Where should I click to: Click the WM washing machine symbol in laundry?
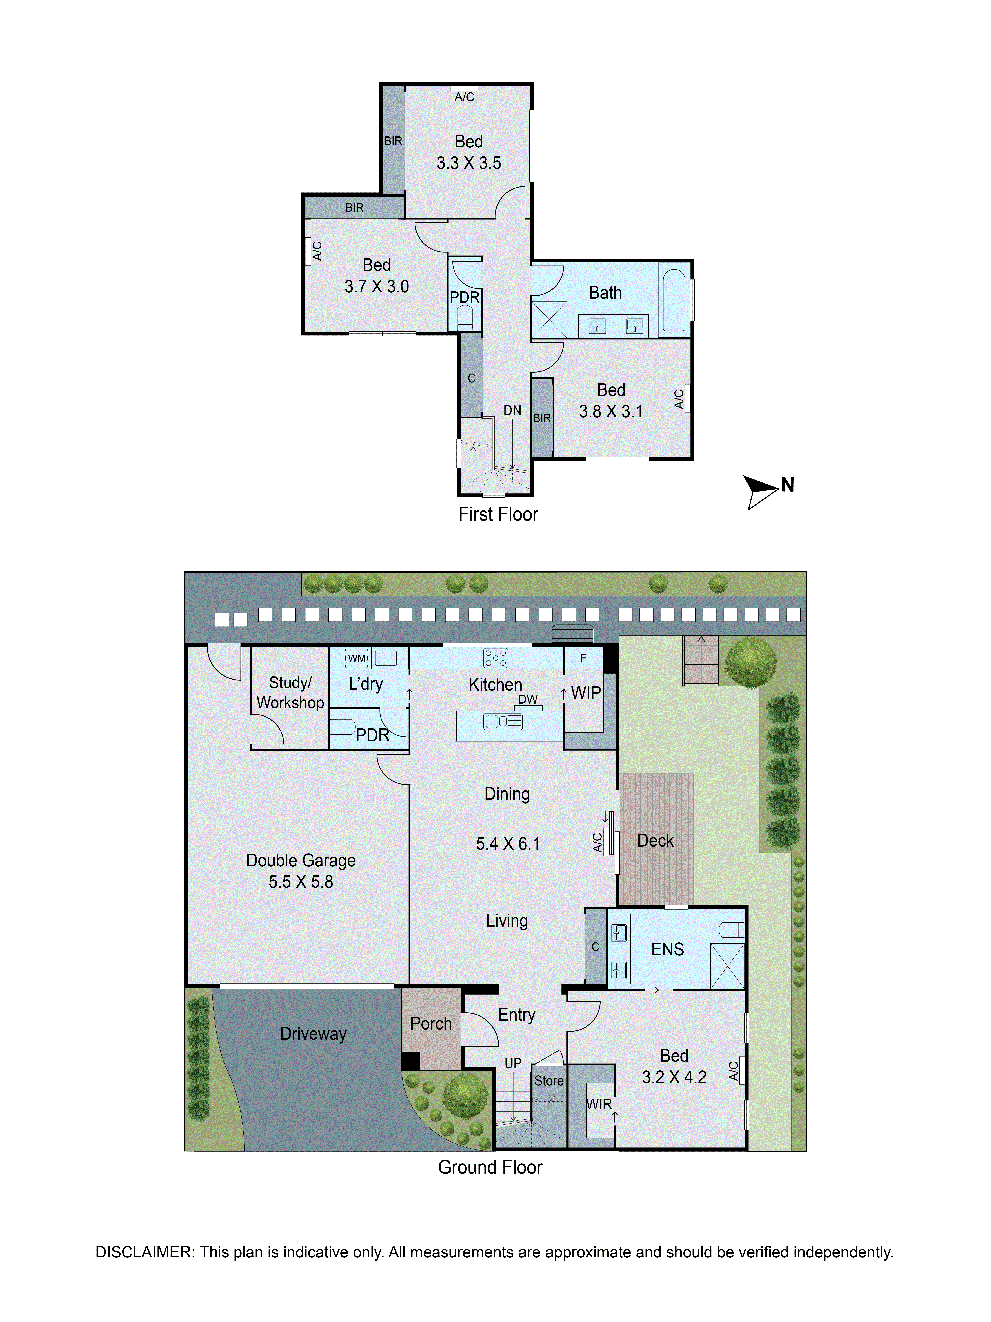[357, 658]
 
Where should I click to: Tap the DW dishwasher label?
[527, 699]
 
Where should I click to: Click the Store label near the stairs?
[548, 1081]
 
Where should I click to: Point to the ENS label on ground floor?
[667, 949]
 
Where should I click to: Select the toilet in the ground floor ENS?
[731, 930]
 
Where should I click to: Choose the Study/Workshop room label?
[290, 693]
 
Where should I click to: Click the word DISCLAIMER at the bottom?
[145, 1252]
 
